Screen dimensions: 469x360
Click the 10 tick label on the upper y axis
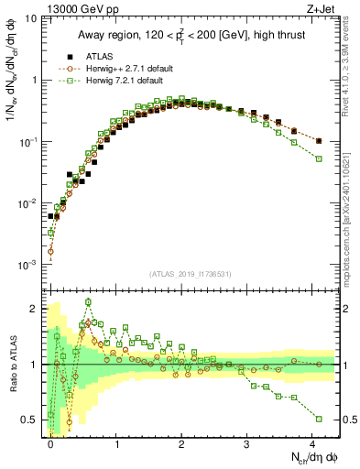click(x=31, y=18)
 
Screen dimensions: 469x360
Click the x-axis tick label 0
click(x=51, y=442)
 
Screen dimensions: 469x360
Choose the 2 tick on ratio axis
click(x=37, y=308)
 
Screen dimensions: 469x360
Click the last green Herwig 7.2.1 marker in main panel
click(x=319, y=158)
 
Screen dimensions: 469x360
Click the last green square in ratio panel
click(x=319, y=419)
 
